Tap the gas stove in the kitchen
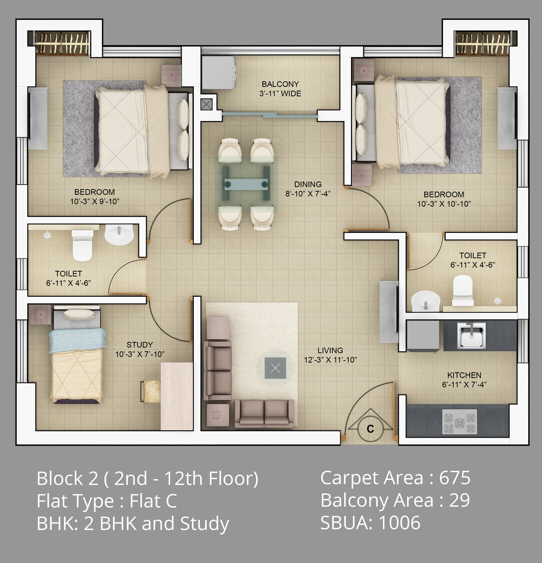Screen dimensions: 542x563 (x=459, y=421)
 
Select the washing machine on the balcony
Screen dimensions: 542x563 (x=219, y=72)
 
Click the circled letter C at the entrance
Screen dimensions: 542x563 (x=370, y=429)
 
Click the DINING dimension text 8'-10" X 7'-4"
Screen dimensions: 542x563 (x=308, y=194)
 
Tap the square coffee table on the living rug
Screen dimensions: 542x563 (x=275, y=368)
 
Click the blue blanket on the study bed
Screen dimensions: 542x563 (x=77, y=340)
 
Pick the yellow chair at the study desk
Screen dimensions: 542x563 (x=150, y=391)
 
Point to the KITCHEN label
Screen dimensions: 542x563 (x=464, y=375)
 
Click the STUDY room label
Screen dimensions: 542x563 (x=140, y=345)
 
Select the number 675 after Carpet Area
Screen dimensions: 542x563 (x=455, y=478)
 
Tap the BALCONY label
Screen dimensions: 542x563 (x=280, y=84)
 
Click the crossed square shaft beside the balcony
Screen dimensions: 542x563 (x=206, y=104)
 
